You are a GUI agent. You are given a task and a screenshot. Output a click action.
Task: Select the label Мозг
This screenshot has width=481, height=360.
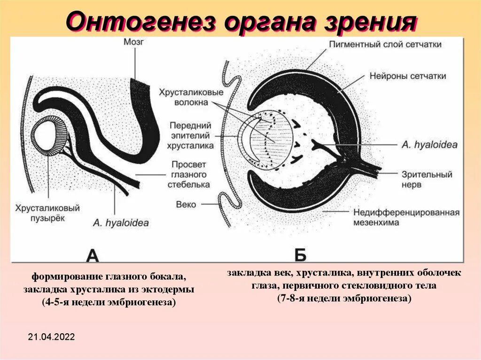[133, 42]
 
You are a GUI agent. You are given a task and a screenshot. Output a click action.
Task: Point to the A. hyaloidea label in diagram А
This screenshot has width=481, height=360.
[121, 223]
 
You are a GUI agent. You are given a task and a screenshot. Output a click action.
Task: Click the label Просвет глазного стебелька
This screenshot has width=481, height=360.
[189, 174]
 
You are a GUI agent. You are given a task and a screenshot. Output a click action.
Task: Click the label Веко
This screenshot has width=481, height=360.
[186, 205]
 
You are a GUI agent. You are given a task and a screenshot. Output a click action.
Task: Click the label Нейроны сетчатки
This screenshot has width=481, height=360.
[408, 76]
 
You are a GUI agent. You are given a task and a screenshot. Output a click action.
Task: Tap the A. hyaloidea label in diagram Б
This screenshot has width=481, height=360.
[429, 145]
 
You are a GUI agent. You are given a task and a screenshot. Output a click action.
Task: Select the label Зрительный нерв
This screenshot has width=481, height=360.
[427, 179]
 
